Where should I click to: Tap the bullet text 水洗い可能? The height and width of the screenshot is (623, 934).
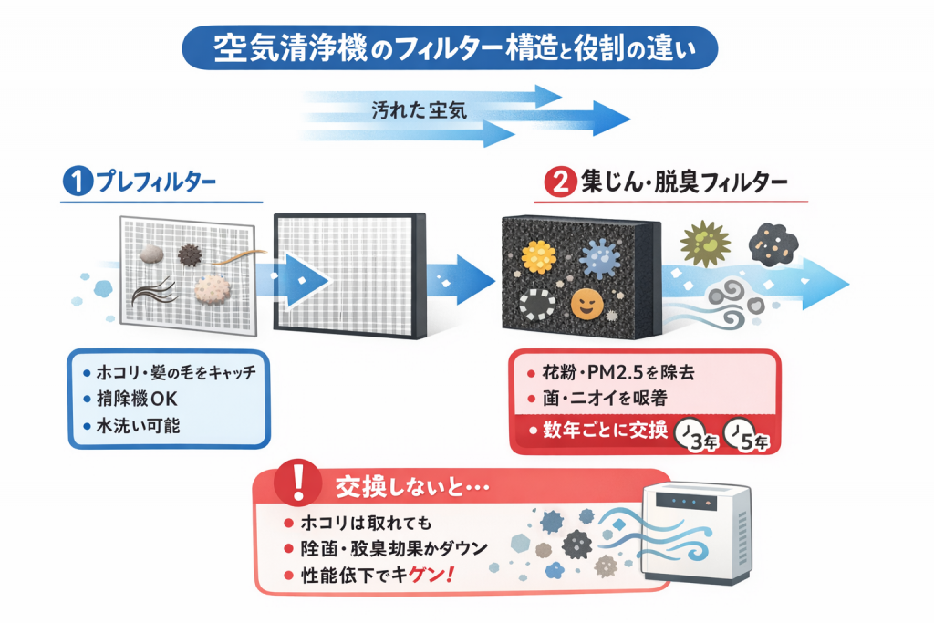140,425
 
